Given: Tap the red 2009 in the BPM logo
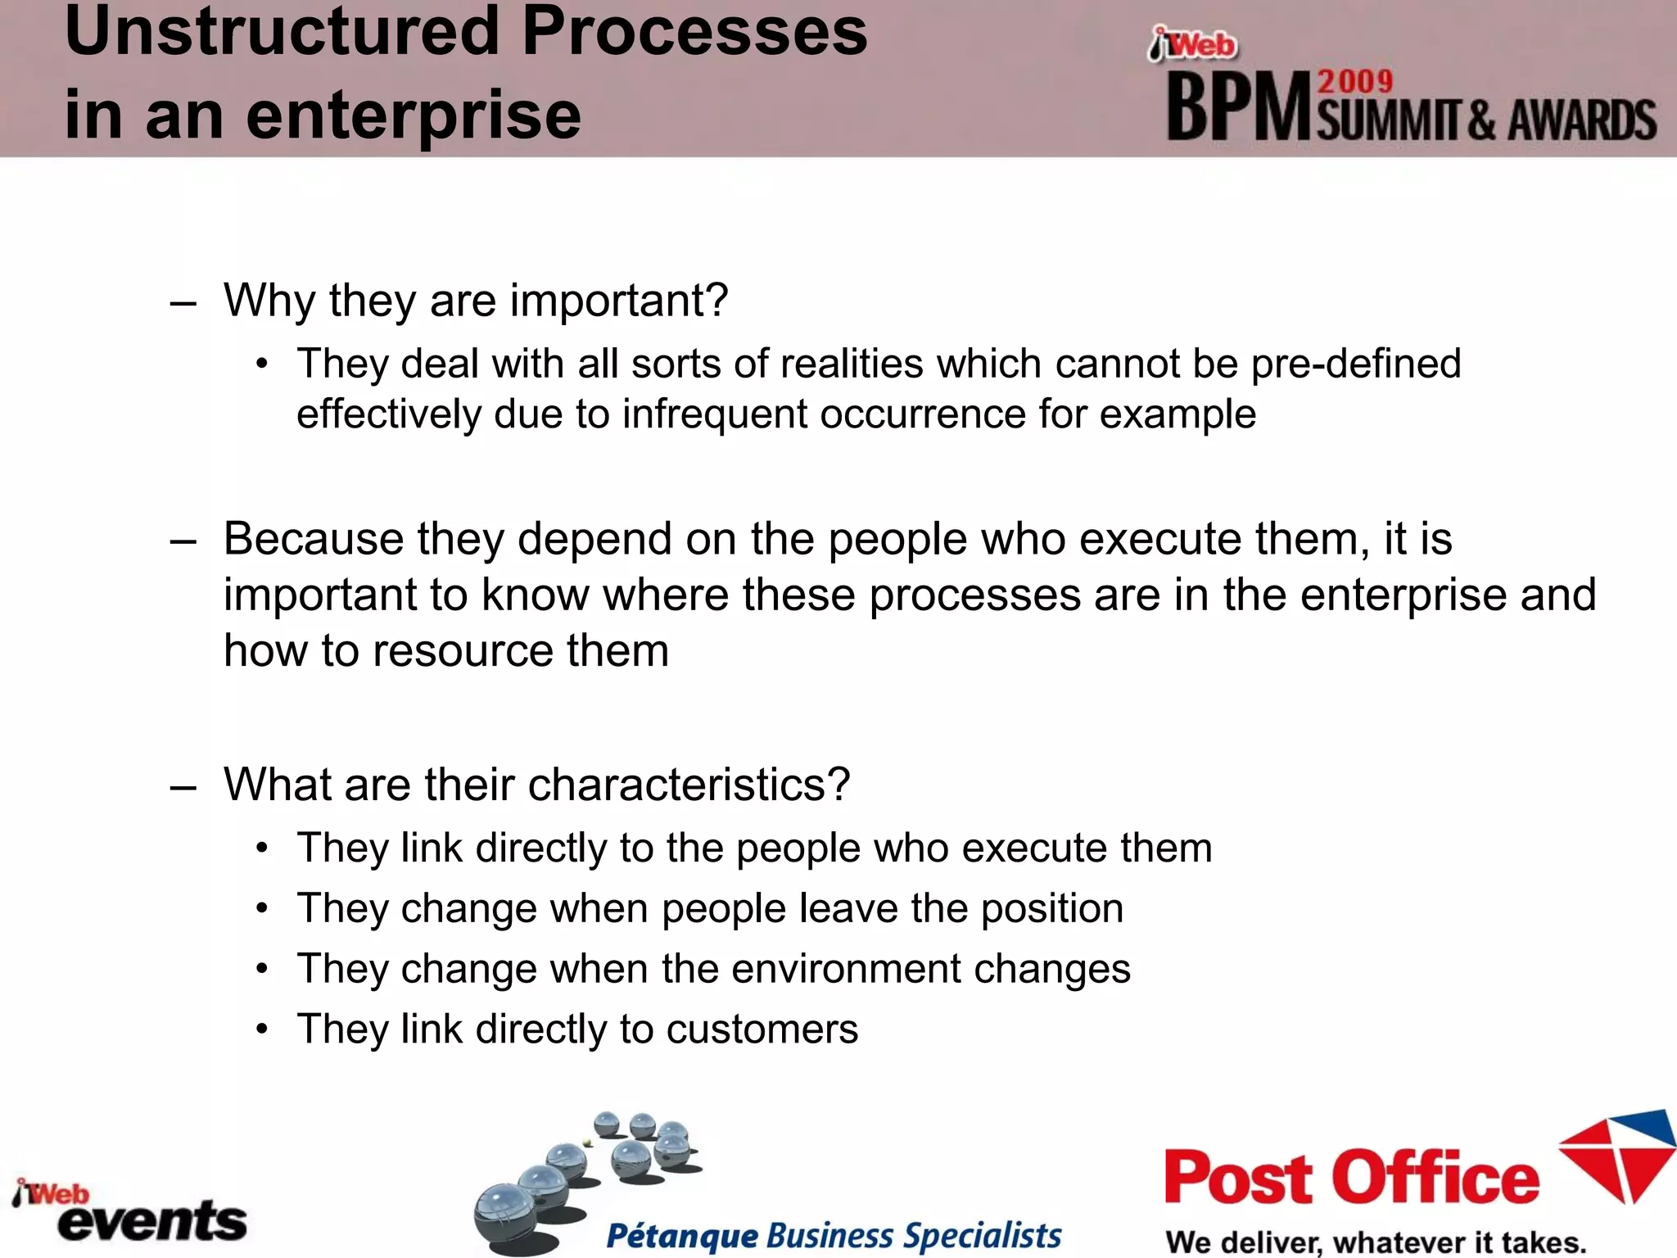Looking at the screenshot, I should (1354, 82).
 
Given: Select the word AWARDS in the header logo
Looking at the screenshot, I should (1582, 121).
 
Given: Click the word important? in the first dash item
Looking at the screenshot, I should (618, 301).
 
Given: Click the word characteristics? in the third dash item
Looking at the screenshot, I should (689, 785).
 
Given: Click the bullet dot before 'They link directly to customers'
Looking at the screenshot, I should (261, 1029).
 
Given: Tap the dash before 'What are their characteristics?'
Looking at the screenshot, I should (183, 787).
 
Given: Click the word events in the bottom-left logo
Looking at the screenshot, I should (152, 1222).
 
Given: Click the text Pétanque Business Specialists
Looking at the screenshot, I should (833, 1235).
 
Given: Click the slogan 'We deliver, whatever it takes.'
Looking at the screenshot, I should (1375, 1242).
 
